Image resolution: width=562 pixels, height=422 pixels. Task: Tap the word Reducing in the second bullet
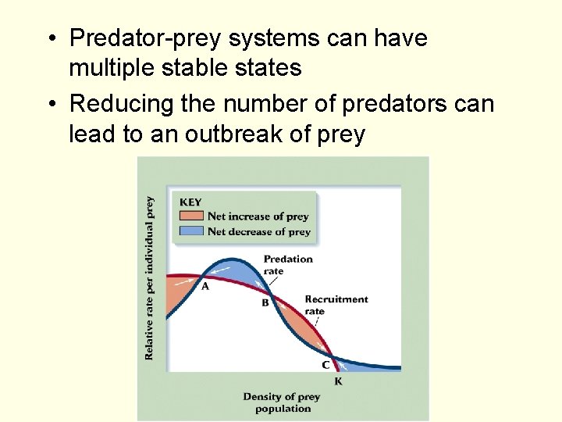click(x=123, y=103)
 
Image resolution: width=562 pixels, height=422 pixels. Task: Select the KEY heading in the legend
click(x=191, y=202)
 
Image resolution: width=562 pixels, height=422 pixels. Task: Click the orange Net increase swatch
click(x=192, y=216)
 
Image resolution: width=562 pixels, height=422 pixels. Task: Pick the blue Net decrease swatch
click(x=192, y=231)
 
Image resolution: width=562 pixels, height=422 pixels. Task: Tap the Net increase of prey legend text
click(x=258, y=216)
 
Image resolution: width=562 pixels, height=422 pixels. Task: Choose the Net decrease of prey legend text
click(x=259, y=231)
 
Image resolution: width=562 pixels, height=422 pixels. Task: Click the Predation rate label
click(x=288, y=264)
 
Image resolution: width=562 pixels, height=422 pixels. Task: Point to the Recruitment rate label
click(x=336, y=305)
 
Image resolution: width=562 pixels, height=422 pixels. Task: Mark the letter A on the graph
click(x=205, y=287)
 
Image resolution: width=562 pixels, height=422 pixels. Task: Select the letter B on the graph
click(x=265, y=302)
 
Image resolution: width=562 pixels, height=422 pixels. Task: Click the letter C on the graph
click(x=325, y=365)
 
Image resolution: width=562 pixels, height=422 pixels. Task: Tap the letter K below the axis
click(x=338, y=381)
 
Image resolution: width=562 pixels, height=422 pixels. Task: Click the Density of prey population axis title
click(x=282, y=402)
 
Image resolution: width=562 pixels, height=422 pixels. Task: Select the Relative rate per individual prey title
click(x=149, y=277)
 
